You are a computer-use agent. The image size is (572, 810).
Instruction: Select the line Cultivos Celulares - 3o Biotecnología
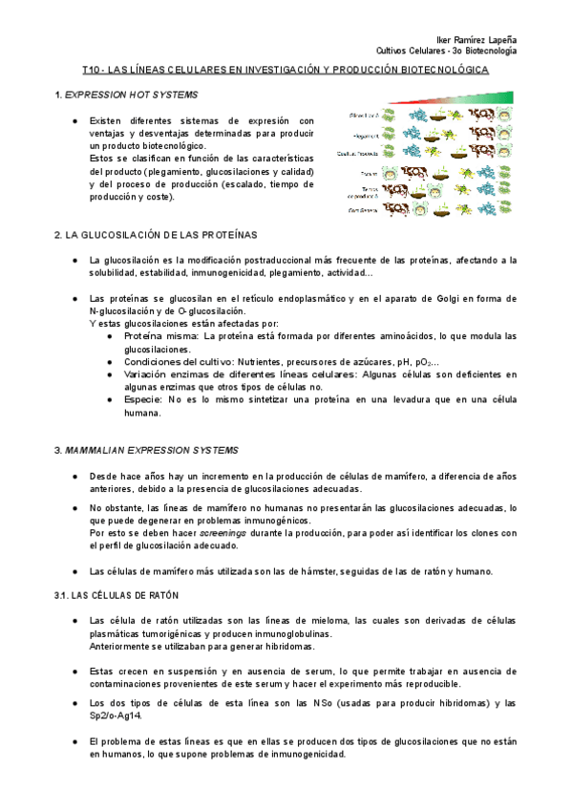tap(447, 50)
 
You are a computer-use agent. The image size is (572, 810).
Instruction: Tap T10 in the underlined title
tap(92, 71)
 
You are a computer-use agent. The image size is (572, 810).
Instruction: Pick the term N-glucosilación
tap(120, 311)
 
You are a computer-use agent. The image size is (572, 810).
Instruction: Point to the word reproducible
tap(433, 683)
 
